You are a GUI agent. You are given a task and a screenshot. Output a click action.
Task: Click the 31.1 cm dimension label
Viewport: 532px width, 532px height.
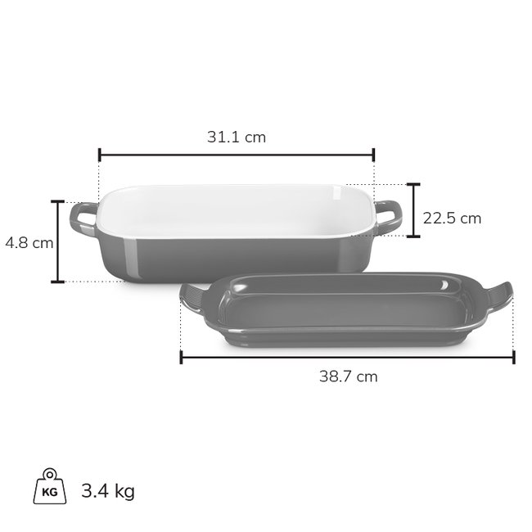pos(237,137)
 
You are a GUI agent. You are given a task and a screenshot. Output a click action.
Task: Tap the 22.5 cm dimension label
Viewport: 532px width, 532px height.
pos(452,219)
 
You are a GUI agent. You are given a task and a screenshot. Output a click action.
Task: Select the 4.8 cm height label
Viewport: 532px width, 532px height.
pos(29,243)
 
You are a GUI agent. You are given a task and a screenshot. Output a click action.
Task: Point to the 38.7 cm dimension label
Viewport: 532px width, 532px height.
pos(348,376)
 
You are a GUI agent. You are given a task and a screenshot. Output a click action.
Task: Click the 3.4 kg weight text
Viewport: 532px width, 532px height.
pos(108,491)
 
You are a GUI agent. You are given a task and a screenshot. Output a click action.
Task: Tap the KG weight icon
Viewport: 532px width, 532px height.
pos(50,486)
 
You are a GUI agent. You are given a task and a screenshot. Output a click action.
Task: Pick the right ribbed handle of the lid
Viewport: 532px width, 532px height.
pos(499,295)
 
